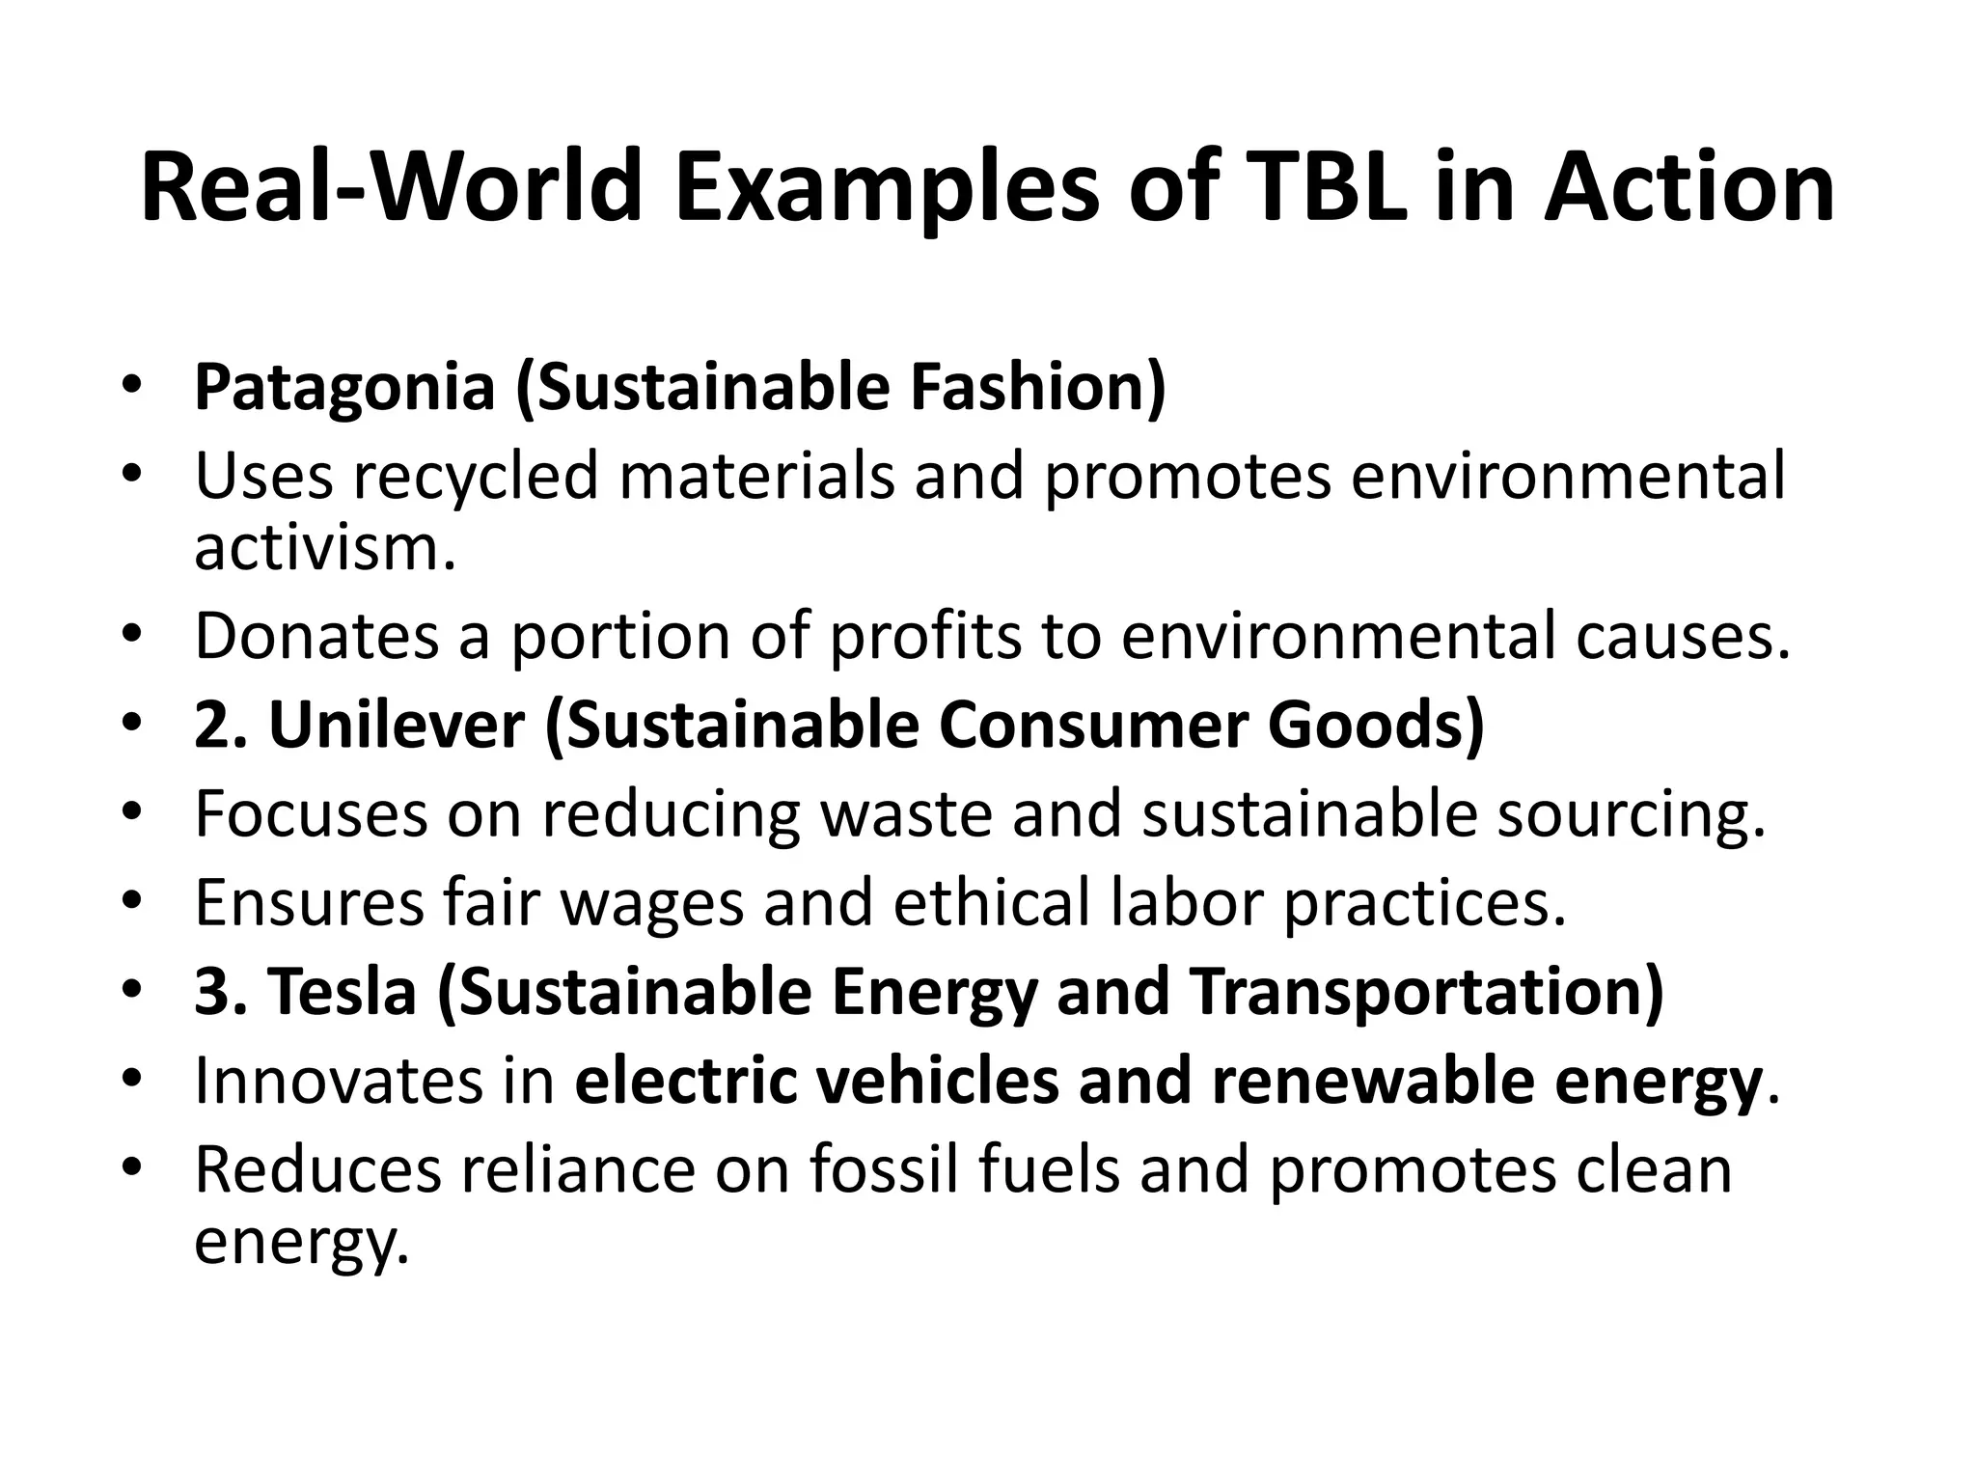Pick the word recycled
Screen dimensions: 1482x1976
(x=475, y=476)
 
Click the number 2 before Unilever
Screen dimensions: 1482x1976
(x=210, y=726)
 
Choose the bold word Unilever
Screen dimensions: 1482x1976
(x=397, y=726)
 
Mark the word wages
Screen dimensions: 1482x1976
(x=652, y=904)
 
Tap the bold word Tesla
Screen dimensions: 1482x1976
(x=342, y=993)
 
